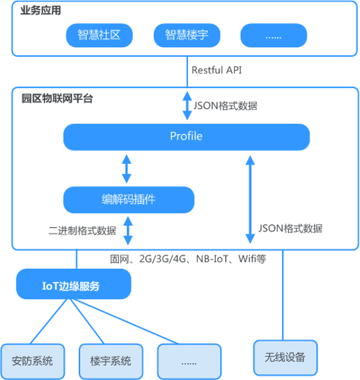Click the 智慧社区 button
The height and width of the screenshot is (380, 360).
(x=99, y=36)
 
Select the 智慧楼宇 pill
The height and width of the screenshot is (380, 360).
(x=187, y=36)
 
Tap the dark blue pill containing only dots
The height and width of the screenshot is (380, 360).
(x=274, y=36)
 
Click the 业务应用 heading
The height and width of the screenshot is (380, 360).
(x=40, y=10)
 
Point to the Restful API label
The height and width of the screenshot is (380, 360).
(x=216, y=70)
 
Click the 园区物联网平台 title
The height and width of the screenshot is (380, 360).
(x=57, y=98)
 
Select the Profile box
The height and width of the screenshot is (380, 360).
(x=187, y=137)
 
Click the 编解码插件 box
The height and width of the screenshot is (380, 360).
(x=129, y=199)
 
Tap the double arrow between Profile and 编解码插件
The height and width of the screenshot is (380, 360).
(x=126, y=168)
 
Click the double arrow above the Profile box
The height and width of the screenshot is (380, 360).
(x=187, y=106)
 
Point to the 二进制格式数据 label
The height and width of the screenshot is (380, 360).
(x=82, y=230)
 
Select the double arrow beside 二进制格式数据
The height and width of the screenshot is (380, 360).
(x=128, y=230)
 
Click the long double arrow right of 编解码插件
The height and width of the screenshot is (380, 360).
(x=250, y=199)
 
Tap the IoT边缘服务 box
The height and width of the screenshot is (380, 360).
(x=73, y=284)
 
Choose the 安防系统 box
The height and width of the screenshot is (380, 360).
(x=32, y=361)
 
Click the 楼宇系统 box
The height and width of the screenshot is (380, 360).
(x=111, y=361)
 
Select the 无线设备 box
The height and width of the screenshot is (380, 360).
(x=285, y=358)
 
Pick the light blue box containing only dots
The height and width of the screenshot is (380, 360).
(x=189, y=361)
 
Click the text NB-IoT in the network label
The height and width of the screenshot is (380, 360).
(x=212, y=259)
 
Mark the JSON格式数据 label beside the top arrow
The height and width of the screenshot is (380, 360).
(x=225, y=106)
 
